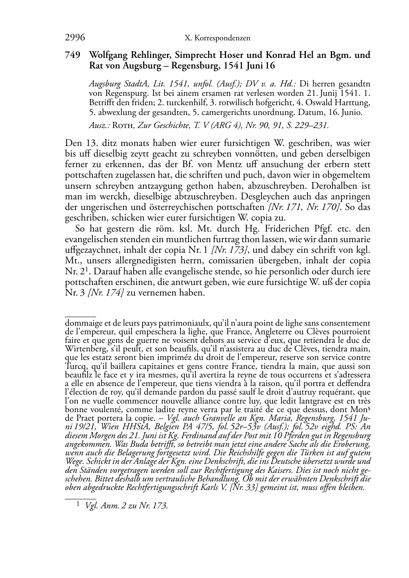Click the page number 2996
point(75,38)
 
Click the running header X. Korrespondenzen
point(217,38)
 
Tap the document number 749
point(73,55)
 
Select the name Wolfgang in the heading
point(109,55)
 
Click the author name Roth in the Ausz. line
point(123,126)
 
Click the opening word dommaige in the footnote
point(82,324)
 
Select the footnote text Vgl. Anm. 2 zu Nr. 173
point(126,506)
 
